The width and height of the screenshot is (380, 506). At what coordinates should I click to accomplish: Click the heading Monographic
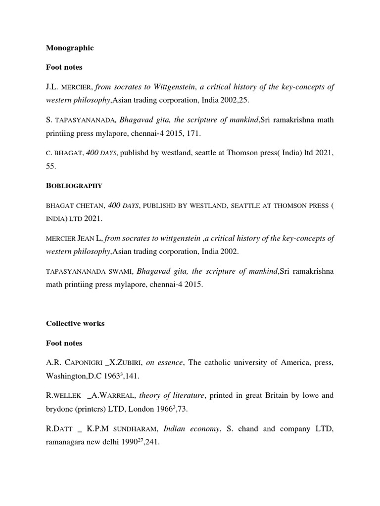[70, 48]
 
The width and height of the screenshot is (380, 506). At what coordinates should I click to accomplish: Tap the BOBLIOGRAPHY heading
[74, 186]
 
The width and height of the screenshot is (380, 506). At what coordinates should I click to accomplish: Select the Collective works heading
[75, 324]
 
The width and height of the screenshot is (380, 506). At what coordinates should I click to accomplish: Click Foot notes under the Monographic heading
[64, 67]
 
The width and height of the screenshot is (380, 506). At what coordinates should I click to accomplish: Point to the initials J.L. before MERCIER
[53, 87]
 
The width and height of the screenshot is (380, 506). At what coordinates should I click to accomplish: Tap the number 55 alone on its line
[51, 168]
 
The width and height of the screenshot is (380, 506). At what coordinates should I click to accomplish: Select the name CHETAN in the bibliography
[87, 205]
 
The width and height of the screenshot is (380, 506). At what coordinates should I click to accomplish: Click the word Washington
[66, 377]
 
